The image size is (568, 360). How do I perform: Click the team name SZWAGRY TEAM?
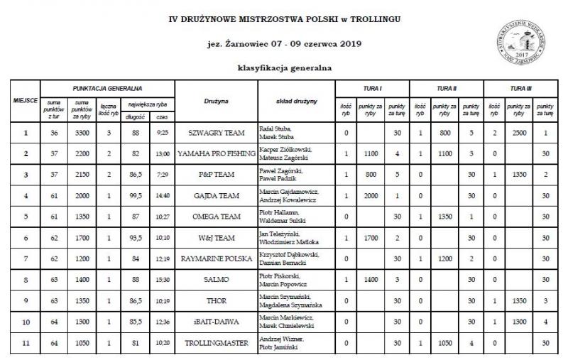pyautogui.click(x=216, y=133)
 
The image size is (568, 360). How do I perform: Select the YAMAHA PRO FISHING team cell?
pyautogui.click(x=216, y=153)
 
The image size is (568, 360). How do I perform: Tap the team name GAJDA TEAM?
pyautogui.click(x=216, y=195)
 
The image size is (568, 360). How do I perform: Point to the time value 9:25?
pyautogui.click(x=162, y=133)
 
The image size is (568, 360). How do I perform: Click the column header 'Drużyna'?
pyautogui.click(x=216, y=102)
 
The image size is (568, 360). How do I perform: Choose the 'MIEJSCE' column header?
pyautogui.click(x=26, y=102)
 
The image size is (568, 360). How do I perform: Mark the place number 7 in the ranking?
pyautogui.click(x=26, y=258)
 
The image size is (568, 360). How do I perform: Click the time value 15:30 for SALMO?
pyautogui.click(x=162, y=279)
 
